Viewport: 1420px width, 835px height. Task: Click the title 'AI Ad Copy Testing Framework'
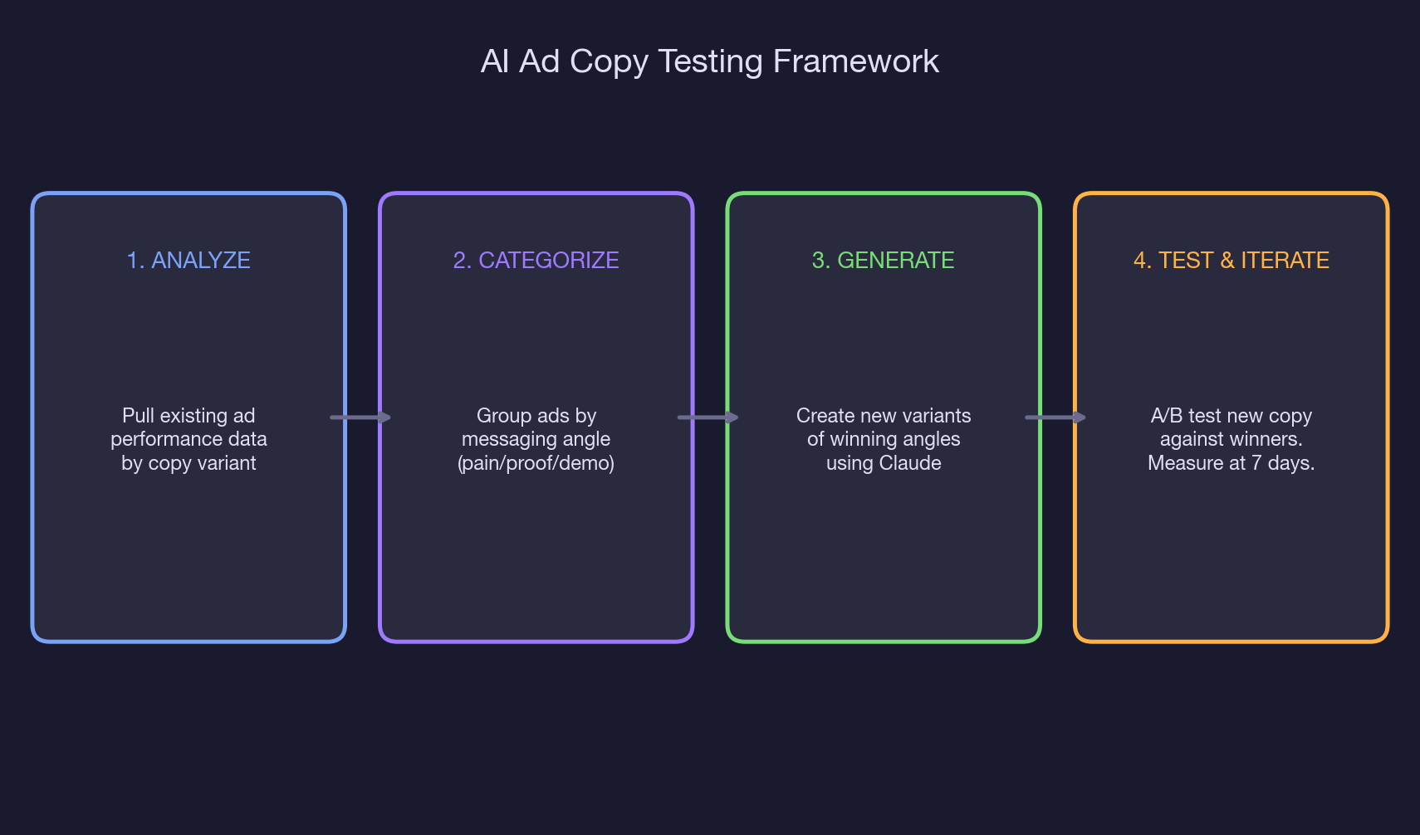tap(709, 61)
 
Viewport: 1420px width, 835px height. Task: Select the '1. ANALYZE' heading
tap(189, 261)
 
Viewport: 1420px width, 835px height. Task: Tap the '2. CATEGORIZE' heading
tap(536, 261)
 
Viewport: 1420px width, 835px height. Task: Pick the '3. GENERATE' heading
tap(883, 261)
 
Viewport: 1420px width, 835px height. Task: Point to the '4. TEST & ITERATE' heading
tap(1231, 261)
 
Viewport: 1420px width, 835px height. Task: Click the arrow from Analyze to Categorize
tap(360, 417)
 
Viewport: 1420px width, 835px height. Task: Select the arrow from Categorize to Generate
tap(708, 417)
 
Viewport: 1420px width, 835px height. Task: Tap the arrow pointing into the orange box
tap(1055, 417)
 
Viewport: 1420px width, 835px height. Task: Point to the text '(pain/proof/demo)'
tap(536, 463)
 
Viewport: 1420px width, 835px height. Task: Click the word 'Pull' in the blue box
tap(139, 416)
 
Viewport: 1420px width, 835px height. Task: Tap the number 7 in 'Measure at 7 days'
tap(1256, 463)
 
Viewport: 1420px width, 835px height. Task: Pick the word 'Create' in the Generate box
tap(825, 416)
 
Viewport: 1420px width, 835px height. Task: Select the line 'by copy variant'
tap(189, 463)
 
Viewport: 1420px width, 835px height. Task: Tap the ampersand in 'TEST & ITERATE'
tap(1227, 261)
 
